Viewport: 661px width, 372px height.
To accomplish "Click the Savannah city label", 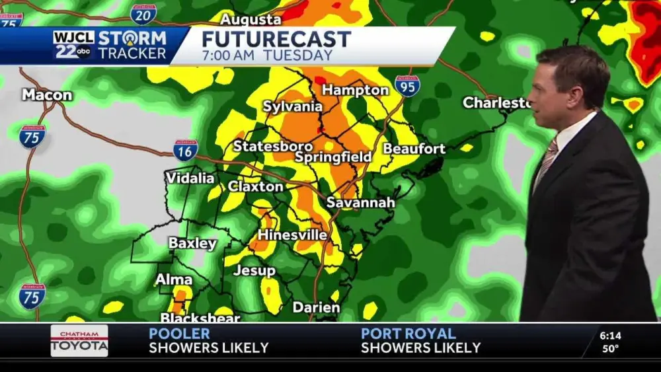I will point(361,202).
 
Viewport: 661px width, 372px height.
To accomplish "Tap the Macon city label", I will point(47,95).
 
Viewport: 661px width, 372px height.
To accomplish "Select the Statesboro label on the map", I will point(272,146).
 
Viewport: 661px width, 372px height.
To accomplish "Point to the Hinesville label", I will point(292,235).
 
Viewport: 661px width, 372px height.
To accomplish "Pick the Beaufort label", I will point(414,149).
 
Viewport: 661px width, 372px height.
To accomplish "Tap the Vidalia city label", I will point(190,178).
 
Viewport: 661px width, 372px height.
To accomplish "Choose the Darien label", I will point(316,307).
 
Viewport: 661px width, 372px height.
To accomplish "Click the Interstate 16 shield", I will point(186,150).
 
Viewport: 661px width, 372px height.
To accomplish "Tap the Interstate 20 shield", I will point(143,14).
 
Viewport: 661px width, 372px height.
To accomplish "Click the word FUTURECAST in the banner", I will point(276,39).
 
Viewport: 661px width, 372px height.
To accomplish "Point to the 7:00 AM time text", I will point(229,55).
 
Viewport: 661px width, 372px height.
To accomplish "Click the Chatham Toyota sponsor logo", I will point(79,341).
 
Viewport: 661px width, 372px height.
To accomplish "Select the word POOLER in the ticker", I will point(179,334).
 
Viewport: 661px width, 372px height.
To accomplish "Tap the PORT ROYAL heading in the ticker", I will point(408,334).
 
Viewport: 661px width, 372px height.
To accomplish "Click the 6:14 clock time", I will point(610,336).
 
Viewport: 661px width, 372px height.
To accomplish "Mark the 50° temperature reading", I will point(610,349).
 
